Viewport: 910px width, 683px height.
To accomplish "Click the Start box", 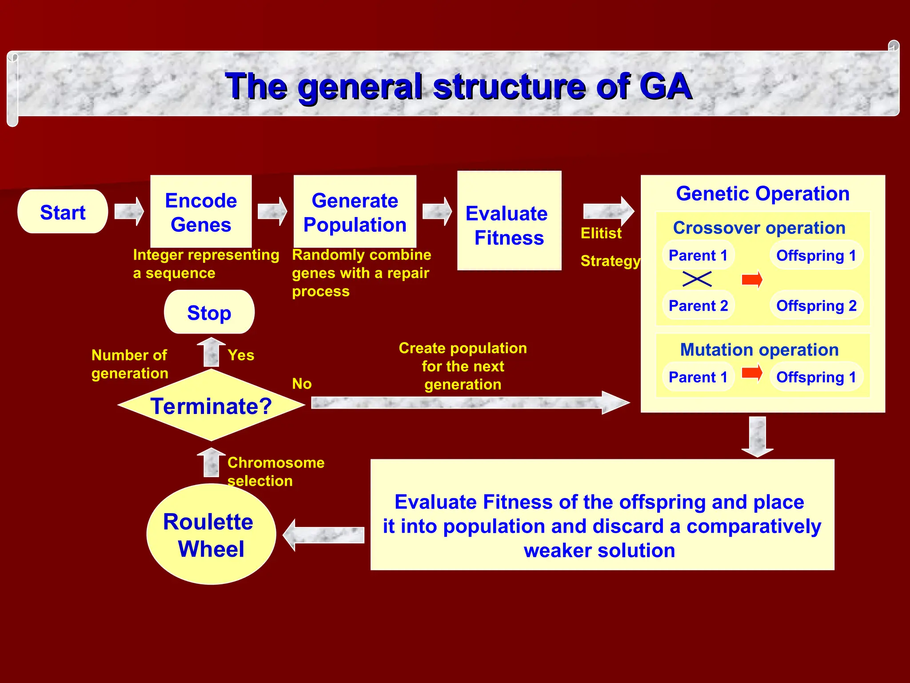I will coord(63,212).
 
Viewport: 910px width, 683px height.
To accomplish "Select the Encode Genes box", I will coord(201,212).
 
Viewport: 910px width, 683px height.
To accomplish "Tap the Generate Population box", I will coord(355,212).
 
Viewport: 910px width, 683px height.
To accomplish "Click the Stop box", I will coord(209,312).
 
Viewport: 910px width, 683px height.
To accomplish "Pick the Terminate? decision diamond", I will coord(211,405).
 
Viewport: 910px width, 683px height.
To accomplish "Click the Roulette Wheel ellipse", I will coord(211,534).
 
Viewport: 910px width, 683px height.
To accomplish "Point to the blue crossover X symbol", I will coord(697,279).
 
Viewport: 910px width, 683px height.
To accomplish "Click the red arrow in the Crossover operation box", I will coord(752,280).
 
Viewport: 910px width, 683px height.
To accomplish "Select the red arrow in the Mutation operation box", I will coord(752,373).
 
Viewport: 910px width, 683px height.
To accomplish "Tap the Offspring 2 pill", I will coord(816,305).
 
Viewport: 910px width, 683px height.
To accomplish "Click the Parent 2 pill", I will coord(698,305).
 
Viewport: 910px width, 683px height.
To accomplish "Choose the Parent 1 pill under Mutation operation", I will coord(698,377).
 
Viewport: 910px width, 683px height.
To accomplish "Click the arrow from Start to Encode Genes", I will coord(129,212).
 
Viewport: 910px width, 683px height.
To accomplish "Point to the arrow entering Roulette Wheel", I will coord(323,535).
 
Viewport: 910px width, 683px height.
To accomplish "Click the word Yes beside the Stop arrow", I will coord(241,355).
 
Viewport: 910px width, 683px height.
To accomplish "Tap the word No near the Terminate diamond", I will coord(302,383).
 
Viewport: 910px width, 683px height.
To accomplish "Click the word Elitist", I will coord(601,233).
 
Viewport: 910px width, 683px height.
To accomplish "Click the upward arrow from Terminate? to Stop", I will coord(211,352).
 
